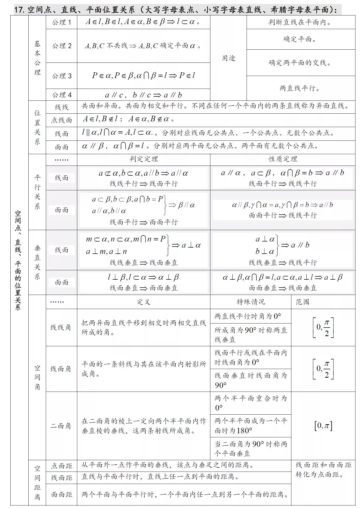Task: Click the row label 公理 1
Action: coord(61,22)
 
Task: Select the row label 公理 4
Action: coord(61,95)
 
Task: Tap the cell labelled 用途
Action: coord(229,58)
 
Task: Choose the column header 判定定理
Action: coord(144,159)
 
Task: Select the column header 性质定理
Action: coord(283,159)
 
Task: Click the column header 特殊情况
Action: coord(251,302)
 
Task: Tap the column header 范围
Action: coord(302,302)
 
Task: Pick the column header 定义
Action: coord(144,302)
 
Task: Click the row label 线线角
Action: coord(61,327)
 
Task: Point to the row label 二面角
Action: coord(61,426)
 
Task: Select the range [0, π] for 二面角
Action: coord(323,426)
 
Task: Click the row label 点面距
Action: coord(61,466)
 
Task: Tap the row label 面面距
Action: coord(61,495)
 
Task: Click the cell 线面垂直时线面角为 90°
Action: coord(251,380)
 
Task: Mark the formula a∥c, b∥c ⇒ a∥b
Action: coord(143,95)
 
